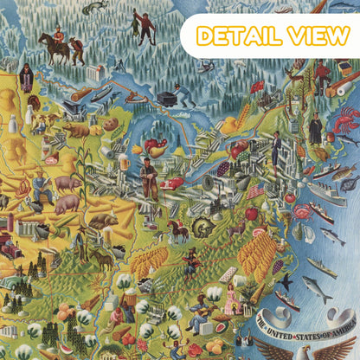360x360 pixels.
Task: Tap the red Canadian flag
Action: (257, 87)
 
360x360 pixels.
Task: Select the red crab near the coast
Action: (303, 210)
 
